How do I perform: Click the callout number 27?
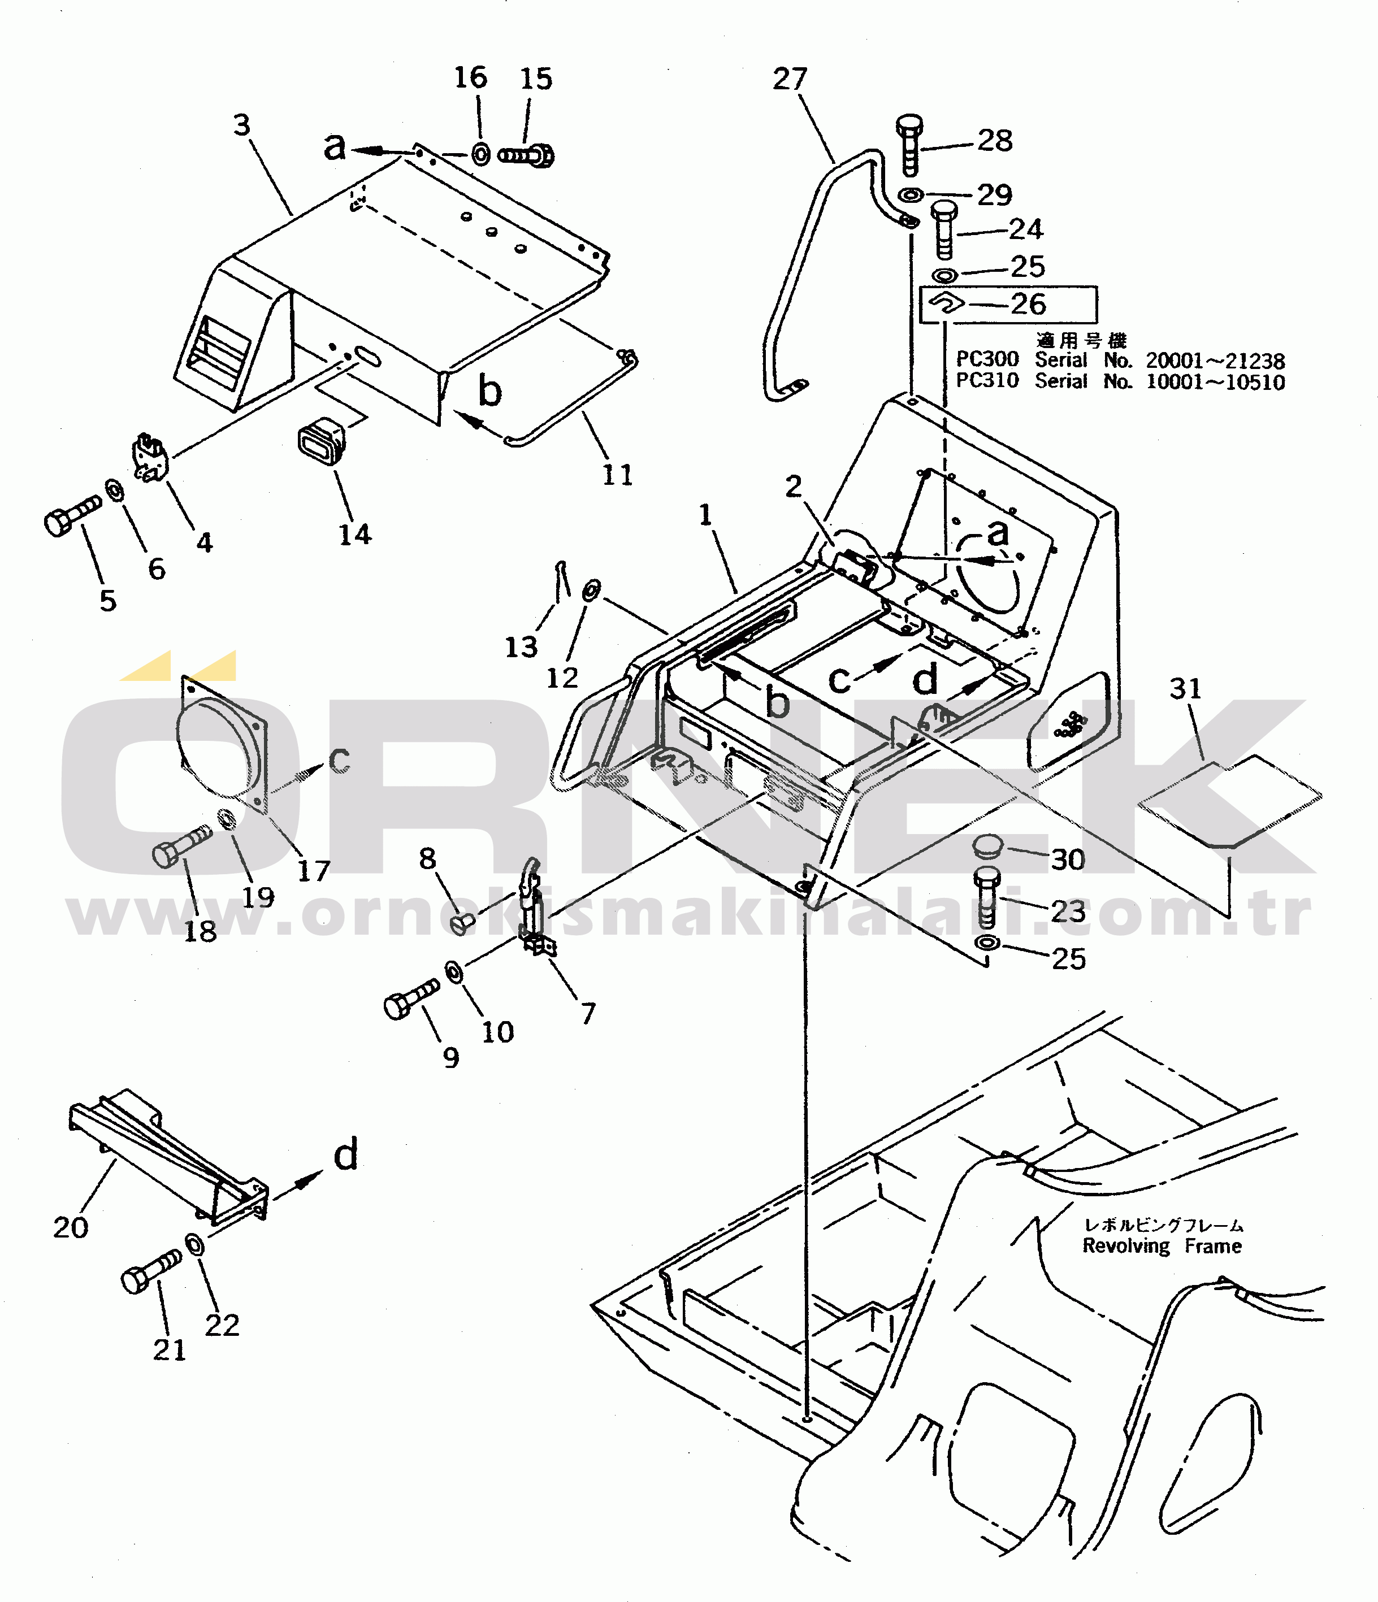tap(790, 79)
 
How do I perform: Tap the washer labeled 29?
tap(910, 194)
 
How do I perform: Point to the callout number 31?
tap(1185, 688)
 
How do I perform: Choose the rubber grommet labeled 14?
tap(321, 441)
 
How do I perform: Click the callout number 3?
tap(242, 124)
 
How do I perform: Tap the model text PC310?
tap(987, 381)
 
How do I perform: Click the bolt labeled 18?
tap(182, 846)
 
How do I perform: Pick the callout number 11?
tap(618, 475)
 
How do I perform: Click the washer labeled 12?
tap(590, 591)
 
